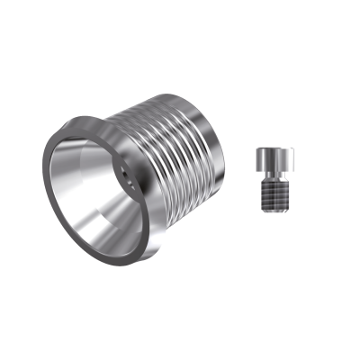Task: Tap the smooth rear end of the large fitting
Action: pyautogui.click(x=212, y=148)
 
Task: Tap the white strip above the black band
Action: pyautogui.click(x=180, y=31)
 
